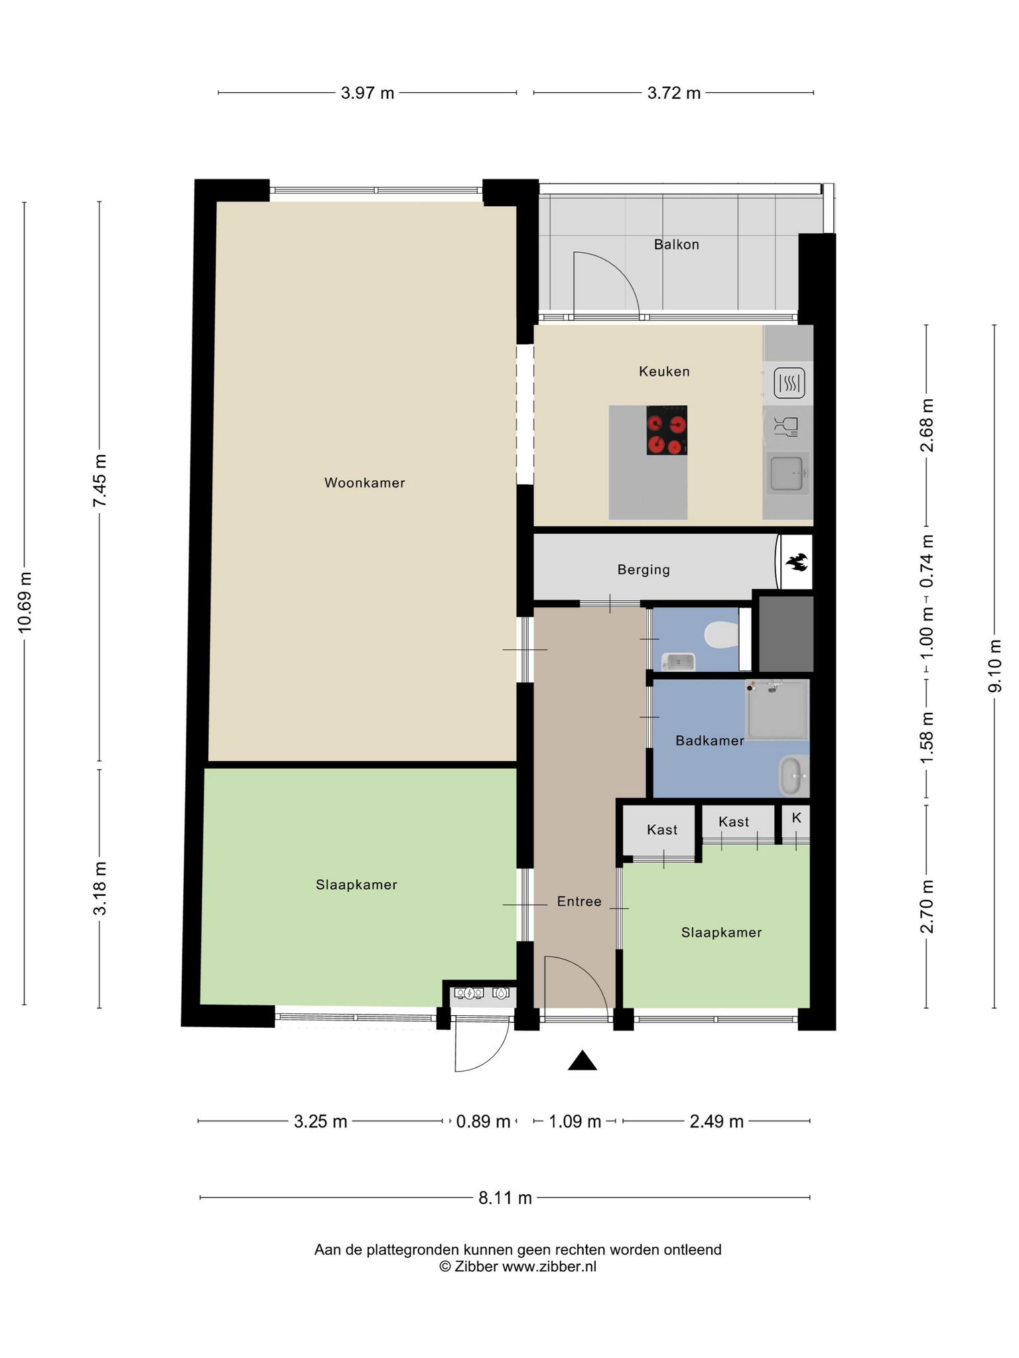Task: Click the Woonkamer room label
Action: [364, 483]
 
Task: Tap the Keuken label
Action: [664, 371]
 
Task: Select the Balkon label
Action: [677, 244]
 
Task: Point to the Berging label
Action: [644, 570]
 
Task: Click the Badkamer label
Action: [710, 741]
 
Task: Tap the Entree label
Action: [579, 902]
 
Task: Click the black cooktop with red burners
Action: [667, 430]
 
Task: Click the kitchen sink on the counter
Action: [788, 474]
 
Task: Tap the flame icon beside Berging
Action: [795, 563]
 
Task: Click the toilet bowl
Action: [722, 635]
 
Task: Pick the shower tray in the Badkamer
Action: [777, 710]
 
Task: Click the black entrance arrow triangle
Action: [582, 1061]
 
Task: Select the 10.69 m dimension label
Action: [25, 602]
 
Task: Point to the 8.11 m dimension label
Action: [506, 1198]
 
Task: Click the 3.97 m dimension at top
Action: [368, 93]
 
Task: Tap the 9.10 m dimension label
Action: [994, 666]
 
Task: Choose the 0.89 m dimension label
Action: [483, 1121]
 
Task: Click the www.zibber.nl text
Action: [549, 1266]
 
